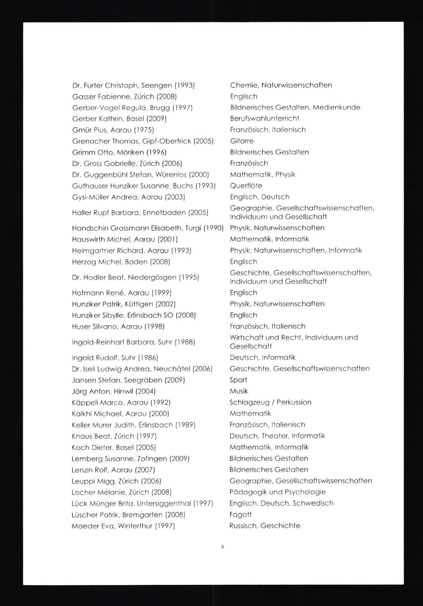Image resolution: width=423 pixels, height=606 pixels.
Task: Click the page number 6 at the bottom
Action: pos(222,546)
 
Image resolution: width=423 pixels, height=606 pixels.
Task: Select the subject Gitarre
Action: pos(242,141)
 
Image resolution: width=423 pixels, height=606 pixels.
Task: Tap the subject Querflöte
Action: pos(246,186)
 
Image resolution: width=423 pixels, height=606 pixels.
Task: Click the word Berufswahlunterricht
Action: pos(264,118)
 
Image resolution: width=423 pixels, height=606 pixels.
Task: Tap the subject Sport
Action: pos(238,380)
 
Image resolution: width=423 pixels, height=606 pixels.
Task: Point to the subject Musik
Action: pos(239,391)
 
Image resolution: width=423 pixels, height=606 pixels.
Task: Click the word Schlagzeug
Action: pos(249,402)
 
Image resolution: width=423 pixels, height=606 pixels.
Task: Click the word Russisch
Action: pos(243,526)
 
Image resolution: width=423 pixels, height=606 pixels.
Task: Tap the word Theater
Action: pos(275,436)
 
